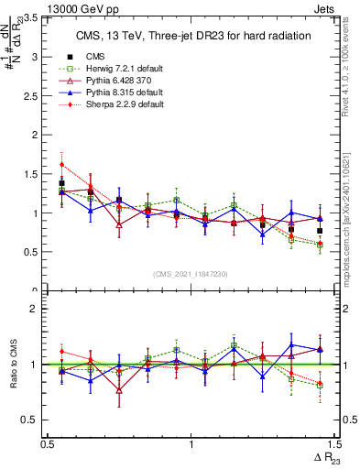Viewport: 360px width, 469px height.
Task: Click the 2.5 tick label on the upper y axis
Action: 35,96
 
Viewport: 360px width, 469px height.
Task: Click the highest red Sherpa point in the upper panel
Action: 61,165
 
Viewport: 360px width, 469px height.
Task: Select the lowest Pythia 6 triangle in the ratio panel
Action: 119,390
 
